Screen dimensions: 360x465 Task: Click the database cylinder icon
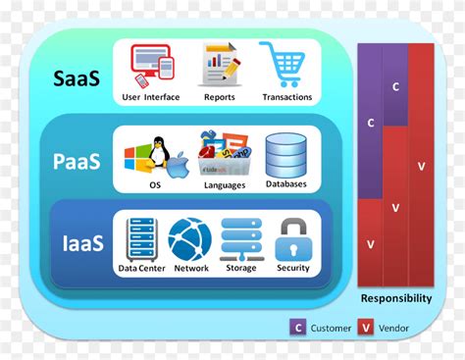(285, 152)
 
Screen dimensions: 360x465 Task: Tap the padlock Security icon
(292, 239)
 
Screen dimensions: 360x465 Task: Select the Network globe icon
(189, 239)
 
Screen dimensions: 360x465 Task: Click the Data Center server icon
(139, 239)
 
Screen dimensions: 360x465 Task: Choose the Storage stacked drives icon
(240, 239)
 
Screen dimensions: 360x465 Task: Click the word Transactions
(286, 97)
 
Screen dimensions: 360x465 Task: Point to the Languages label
(225, 184)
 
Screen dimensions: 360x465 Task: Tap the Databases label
(285, 183)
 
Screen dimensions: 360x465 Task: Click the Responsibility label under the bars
(395, 298)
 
